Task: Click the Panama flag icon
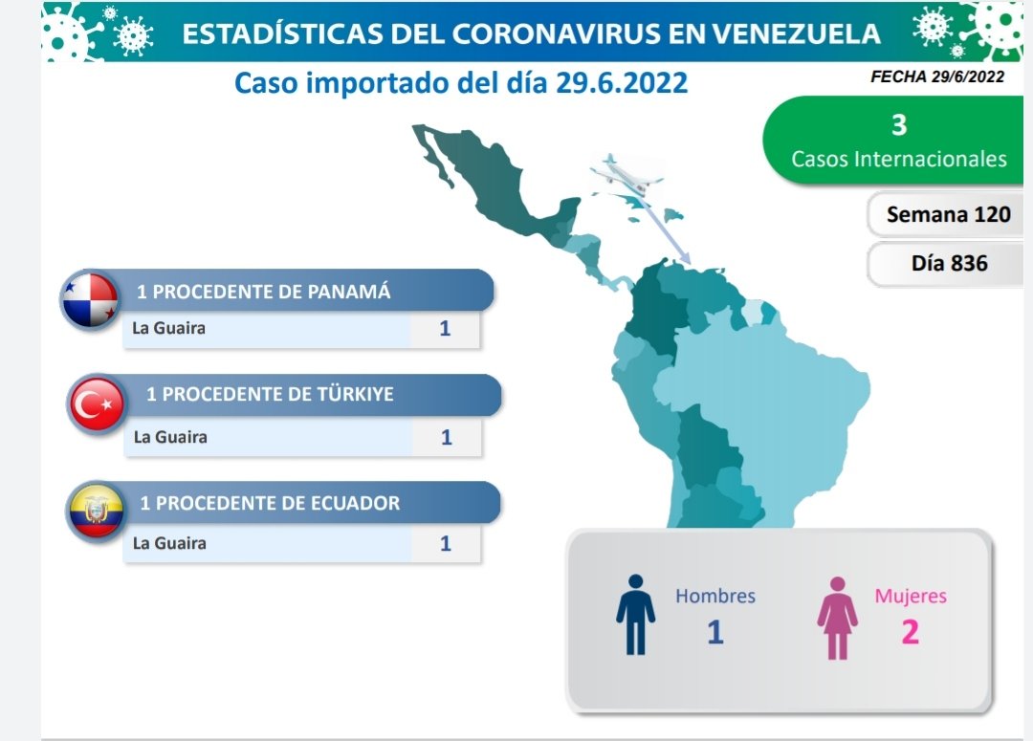click(x=90, y=299)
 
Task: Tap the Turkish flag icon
click(x=97, y=404)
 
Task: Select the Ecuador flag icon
click(x=97, y=512)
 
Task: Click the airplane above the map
click(x=626, y=174)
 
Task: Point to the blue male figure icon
click(x=635, y=615)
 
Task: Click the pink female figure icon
click(x=837, y=618)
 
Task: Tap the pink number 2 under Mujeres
click(x=910, y=632)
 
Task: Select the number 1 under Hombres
click(x=715, y=632)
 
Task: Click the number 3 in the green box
click(x=898, y=125)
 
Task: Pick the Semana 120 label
click(x=948, y=214)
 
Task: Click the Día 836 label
click(x=950, y=264)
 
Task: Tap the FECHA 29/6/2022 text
click(x=936, y=77)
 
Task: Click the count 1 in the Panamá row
click(x=445, y=328)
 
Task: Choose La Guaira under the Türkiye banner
click(x=170, y=437)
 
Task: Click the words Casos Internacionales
click(x=898, y=159)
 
